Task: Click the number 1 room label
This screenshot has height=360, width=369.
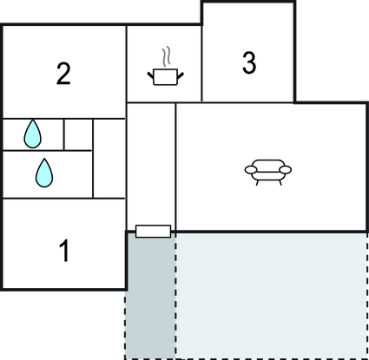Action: (64, 251)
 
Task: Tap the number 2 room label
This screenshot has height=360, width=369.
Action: (63, 74)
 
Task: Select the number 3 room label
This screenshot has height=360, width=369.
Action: (249, 62)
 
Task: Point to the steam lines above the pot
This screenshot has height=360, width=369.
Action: (166, 56)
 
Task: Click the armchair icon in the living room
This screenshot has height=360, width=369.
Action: (268, 172)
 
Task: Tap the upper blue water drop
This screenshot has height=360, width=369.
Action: (32, 134)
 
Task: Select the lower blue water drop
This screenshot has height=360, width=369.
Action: (44, 173)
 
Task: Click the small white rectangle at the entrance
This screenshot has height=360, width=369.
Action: (153, 232)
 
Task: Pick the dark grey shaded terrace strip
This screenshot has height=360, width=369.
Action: (150, 296)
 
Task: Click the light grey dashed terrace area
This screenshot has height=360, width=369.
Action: (272, 296)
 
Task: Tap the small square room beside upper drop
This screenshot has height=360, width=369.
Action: (78, 134)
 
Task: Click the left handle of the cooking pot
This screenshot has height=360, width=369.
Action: (150, 75)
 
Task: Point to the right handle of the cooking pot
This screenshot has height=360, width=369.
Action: (181, 75)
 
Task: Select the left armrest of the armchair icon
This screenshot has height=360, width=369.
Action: (251, 170)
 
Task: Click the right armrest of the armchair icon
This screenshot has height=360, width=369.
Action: (286, 170)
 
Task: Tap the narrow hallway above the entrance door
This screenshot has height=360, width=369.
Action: (151, 164)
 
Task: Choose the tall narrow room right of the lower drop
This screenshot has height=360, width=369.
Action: (109, 159)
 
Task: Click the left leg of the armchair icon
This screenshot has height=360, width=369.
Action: (257, 183)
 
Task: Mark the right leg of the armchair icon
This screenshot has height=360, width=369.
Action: (280, 183)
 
